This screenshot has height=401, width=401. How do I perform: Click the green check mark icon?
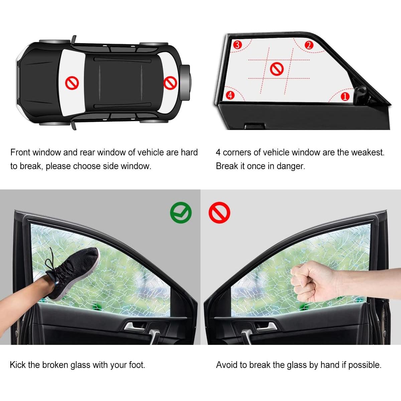point(181,213)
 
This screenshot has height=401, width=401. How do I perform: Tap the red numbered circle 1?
point(345,97)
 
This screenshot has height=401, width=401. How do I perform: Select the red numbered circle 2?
point(309,45)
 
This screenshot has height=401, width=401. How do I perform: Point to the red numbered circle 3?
point(237,44)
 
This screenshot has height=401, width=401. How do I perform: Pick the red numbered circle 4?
point(230,95)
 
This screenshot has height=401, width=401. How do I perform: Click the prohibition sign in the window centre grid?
point(277,69)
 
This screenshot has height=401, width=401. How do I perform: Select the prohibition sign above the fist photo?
point(220,213)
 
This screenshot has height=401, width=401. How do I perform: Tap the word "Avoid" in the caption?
point(227,365)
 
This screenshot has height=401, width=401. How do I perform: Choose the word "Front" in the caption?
point(21,152)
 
